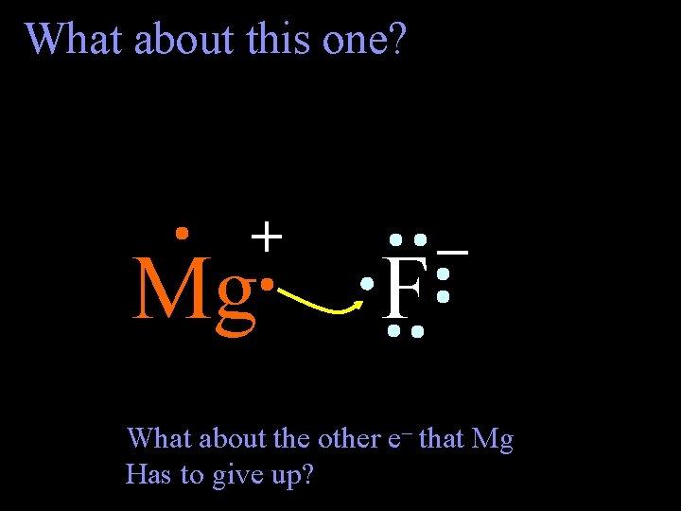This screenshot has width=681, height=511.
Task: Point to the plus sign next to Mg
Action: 268,236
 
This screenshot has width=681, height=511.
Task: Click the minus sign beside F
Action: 455,251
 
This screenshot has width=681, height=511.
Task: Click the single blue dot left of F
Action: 367,282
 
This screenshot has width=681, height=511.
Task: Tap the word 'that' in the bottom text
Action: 440,438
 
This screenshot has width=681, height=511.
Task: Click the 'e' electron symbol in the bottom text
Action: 393,439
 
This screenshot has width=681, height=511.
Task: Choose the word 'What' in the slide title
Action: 76,39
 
